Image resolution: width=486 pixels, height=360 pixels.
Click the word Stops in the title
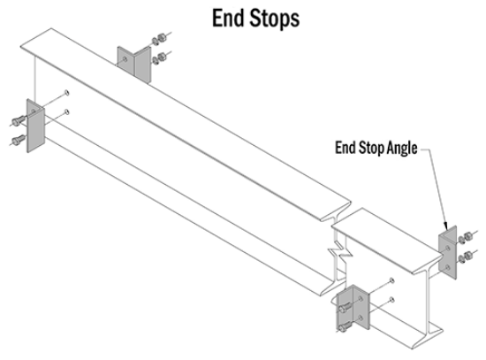click(x=275, y=19)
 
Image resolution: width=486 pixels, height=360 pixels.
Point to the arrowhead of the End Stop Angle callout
click(x=446, y=226)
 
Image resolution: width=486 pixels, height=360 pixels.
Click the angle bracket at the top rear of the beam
click(x=134, y=65)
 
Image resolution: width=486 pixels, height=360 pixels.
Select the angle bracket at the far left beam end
click(x=35, y=126)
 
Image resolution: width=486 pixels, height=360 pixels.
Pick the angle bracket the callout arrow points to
click(x=448, y=252)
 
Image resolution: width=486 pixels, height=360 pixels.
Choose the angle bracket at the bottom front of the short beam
click(x=353, y=307)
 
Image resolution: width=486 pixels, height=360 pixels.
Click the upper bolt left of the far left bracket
click(x=19, y=120)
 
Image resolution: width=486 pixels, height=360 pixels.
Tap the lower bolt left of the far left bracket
click(x=19, y=140)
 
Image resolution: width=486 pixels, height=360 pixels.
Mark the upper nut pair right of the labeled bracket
click(x=465, y=238)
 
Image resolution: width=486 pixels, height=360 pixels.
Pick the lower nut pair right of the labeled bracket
click(x=465, y=257)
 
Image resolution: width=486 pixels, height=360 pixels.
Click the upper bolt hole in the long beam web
click(x=66, y=93)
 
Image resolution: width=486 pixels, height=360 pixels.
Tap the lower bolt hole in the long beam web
click(x=66, y=111)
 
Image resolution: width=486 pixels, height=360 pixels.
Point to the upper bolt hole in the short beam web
click(x=391, y=280)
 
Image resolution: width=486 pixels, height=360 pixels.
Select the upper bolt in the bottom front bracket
click(x=346, y=308)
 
